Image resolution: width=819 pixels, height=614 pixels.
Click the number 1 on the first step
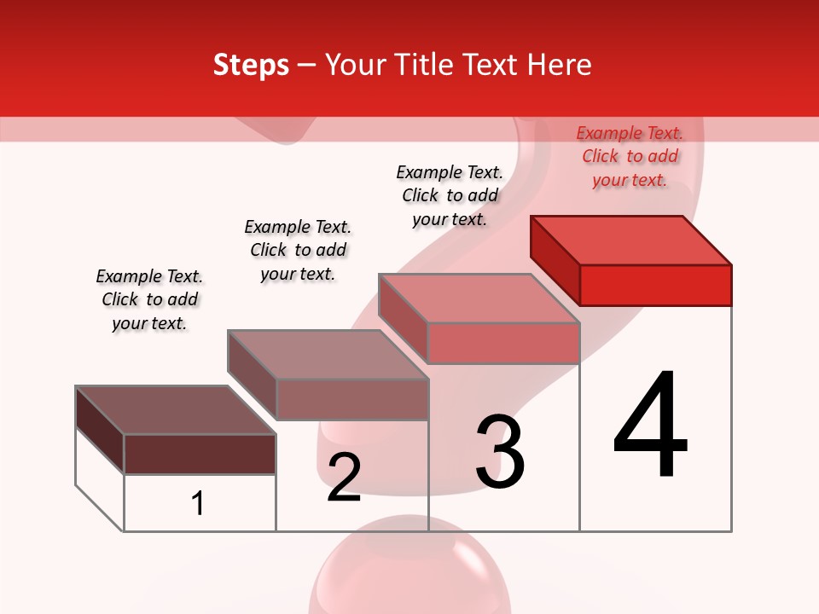point(198,503)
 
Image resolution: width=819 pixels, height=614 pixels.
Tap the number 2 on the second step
point(344,478)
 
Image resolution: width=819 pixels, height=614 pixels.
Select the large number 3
point(500,452)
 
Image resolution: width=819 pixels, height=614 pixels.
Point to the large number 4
point(651,426)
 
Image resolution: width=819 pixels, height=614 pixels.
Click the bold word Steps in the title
point(251,65)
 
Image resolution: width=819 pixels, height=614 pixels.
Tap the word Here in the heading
point(561,65)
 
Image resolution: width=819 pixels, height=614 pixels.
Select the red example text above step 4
point(630,157)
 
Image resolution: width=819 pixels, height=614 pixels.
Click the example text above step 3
point(450,195)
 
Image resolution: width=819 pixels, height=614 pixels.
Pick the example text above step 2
point(298,250)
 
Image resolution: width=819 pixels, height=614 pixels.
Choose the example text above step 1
point(149,299)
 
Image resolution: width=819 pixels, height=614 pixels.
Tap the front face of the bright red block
point(655,285)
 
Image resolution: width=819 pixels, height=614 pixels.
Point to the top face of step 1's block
point(176,410)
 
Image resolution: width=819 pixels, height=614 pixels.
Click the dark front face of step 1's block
point(200,454)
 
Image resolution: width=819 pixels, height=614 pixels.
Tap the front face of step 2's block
point(351,399)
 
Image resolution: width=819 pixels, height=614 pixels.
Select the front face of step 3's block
point(503,343)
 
